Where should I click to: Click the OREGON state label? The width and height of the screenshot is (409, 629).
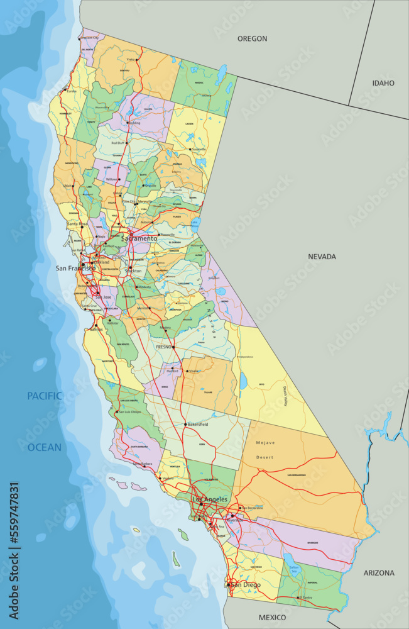[252, 38]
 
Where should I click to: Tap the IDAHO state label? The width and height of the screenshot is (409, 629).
[383, 83]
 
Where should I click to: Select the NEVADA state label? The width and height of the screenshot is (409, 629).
[322, 257]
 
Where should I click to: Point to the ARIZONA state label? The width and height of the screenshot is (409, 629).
[379, 573]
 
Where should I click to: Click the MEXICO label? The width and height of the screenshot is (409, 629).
[273, 617]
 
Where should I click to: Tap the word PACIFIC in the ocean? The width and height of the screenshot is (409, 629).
[44, 396]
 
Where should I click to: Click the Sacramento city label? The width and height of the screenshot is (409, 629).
[139, 239]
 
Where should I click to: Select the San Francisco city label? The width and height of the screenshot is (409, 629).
[75, 268]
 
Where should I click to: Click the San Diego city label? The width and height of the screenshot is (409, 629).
[246, 585]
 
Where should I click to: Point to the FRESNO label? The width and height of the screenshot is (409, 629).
[164, 347]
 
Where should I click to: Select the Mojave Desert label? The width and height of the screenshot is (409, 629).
[265, 450]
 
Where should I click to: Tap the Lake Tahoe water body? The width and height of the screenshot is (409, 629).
[195, 223]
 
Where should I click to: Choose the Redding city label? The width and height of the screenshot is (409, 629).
[134, 123]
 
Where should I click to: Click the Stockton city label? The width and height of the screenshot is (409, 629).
[133, 270]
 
